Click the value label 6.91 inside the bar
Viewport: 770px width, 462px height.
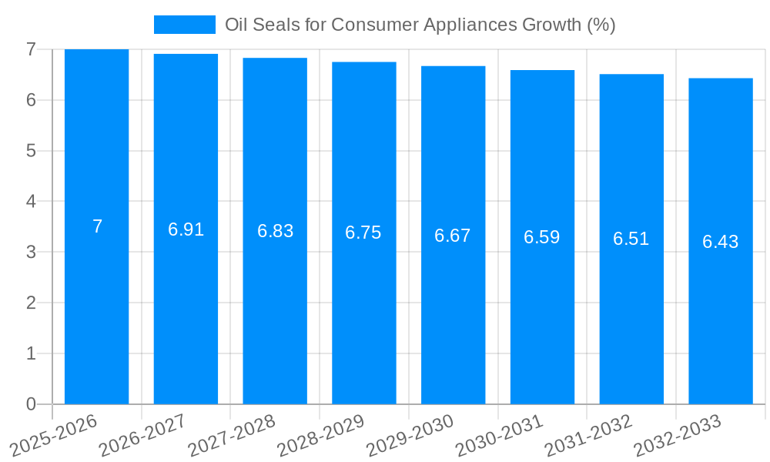point(186,229)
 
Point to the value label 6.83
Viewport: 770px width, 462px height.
point(275,231)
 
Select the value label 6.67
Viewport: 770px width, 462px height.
point(453,236)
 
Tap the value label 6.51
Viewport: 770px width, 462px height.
point(631,239)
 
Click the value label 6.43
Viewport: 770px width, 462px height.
point(720,242)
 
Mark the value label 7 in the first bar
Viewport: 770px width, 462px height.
point(97,226)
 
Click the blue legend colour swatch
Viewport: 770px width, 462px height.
point(185,25)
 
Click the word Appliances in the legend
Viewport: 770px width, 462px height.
point(477,25)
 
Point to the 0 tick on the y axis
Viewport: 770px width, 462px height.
point(31,404)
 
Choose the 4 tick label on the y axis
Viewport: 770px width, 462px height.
point(31,202)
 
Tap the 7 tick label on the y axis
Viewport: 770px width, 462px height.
point(31,49)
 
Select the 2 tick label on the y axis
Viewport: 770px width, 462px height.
point(31,303)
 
